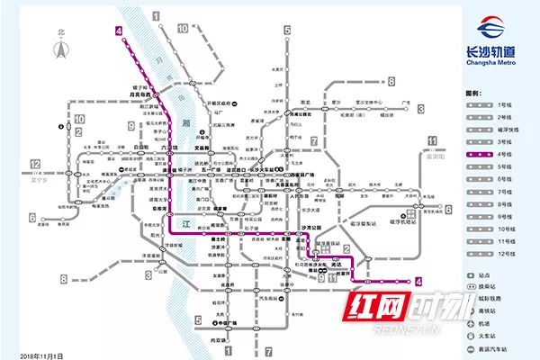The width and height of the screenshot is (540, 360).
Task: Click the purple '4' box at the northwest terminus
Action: pyautogui.click(x=118, y=31)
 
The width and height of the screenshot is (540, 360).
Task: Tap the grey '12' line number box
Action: pyautogui.click(x=35, y=164)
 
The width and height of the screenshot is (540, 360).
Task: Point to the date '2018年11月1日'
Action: pyautogui.click(x=42, y=355)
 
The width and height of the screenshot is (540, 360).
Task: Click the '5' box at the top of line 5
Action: pyautogui.click(x=286, y=31)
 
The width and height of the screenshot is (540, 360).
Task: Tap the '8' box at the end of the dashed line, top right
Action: pyautogui.click(x=391, y=81)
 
